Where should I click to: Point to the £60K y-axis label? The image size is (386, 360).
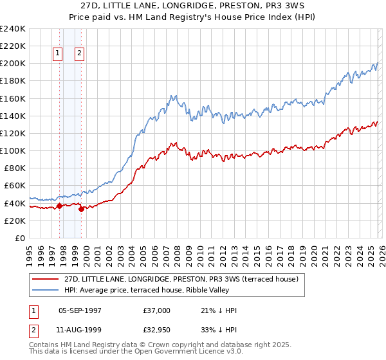tap(14, 186)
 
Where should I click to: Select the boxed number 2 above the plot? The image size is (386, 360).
tap(80, 54)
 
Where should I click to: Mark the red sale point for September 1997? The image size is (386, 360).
tap(59, 206)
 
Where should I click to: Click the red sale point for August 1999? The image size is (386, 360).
tap(81, 209)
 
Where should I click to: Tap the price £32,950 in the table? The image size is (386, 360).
tap(157, 331)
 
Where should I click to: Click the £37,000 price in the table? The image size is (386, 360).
tap(157, 310)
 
